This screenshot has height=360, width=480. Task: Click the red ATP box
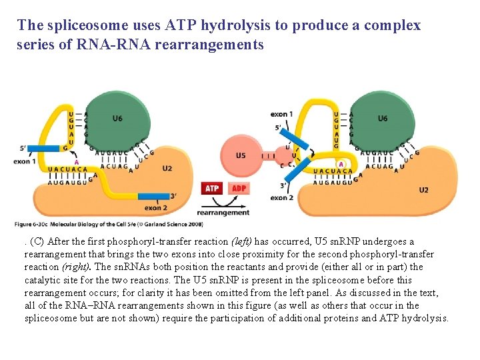click(211, 188)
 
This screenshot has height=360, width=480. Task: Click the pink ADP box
click(238, 188)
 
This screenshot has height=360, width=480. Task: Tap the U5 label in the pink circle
click(241, 155)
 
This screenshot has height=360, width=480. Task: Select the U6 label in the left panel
click(117, 119)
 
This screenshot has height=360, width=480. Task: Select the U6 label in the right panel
click(382, 119)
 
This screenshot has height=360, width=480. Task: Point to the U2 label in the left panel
click(167, 169)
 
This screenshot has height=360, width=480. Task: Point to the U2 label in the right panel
click(423, 190)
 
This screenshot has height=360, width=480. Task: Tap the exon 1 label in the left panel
click(25, 161)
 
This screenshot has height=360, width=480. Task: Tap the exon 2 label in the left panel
click(155, 207)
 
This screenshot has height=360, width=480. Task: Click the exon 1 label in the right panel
click(281, 114)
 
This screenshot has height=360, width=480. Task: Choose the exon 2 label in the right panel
click(281, 197)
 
